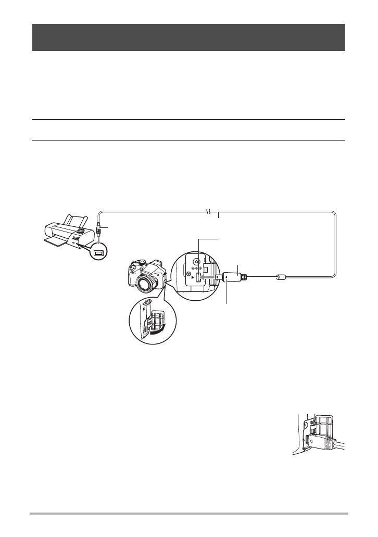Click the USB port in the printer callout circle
pos(98,254)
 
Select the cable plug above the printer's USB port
pos(98,229)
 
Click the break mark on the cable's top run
pos(207,211)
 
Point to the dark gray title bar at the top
pos(188,37)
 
